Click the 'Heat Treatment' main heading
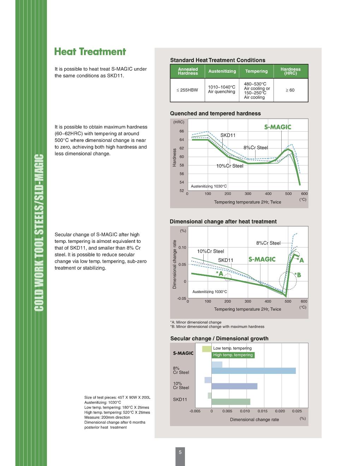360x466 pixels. click(90, 52)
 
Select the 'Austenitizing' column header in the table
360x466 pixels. click(222, 71)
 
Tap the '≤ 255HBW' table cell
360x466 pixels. click(187, 90)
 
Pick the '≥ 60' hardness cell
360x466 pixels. click(290, 90)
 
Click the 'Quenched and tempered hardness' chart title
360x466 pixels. click(215, 114)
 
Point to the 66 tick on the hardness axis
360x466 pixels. click(181, 131)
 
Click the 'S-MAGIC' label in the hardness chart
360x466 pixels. click(278, 127)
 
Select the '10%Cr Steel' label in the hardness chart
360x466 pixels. click(230, 166)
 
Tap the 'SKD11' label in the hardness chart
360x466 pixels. click(228, 135)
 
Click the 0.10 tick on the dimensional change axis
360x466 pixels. click(182, 247)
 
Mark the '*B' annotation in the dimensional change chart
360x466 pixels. click(298, 275)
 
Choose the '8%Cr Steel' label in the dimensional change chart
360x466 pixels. click(268, 243)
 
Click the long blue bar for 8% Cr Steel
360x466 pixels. click(253, 371)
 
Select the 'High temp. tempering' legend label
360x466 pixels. click(233, 355)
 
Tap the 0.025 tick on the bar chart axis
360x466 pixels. click(297, 411)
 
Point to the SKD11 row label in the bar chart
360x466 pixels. click(180, 400)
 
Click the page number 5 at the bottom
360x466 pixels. click(180, 452)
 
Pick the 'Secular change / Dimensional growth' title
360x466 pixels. click(219, 339)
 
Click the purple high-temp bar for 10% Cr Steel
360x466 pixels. click(234, 386)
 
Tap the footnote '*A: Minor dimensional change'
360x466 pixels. click(196, 322)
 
